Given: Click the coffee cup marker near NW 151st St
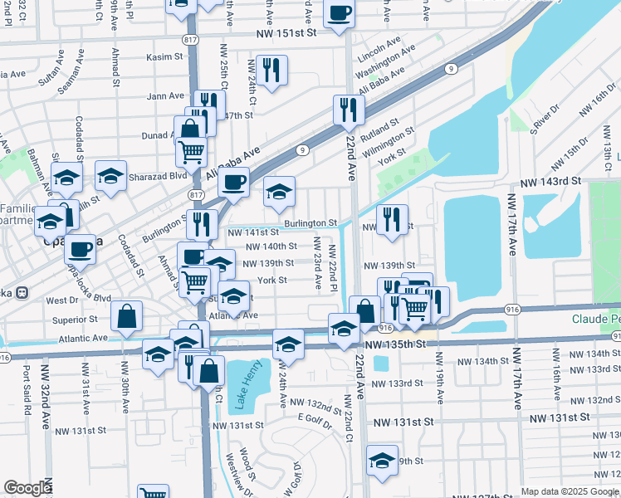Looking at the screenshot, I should [x=339, y=14].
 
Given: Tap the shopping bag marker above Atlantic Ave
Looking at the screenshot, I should [x=126, y=316].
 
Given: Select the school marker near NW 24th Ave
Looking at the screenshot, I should [x=287, y=343].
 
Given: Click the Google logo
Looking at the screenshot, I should [x=27, y=488].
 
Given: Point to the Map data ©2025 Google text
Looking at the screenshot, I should [x=570, y=491].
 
